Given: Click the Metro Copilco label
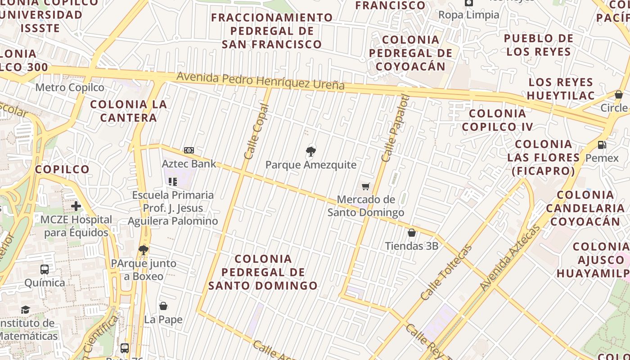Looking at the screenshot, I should point(70,87).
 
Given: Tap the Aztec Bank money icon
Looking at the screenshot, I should point(189,150).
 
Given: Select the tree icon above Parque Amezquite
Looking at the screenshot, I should point(310,151).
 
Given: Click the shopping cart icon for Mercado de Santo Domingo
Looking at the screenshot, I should point(366,186).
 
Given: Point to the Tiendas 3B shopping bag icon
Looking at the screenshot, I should point(411,233).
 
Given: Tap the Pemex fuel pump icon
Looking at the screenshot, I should point(602,145).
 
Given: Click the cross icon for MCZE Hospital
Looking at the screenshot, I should point(76,206).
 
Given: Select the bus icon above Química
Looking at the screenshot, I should point(45,270).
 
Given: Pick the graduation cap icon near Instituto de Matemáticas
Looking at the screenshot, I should point(25,310).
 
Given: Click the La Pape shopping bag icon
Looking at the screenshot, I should point(163,306).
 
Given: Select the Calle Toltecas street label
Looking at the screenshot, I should point(446,272).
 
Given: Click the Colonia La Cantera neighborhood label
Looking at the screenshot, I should point(129,111).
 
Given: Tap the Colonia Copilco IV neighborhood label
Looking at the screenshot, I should point(497,120).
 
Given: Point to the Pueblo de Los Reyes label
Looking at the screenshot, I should point(539,45).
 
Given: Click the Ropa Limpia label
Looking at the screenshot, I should point(469,15).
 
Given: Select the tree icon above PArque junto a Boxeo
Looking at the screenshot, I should point(144,250).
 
